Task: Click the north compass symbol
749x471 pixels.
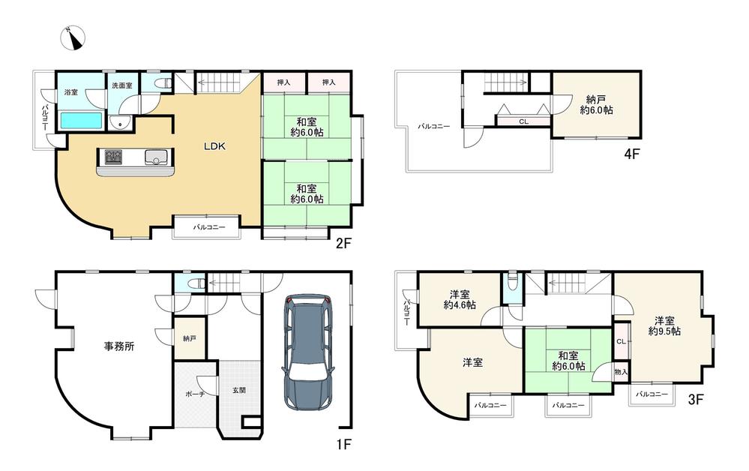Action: coord(73,38)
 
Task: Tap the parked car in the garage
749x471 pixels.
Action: coord(308,352)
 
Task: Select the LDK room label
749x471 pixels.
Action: coord(214,147)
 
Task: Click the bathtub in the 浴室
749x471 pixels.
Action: coord(82,121)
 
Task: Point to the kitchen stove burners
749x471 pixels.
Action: coord(114,157)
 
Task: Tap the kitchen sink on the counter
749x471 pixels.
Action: coord(155,157)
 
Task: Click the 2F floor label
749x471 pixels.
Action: coord(343,244)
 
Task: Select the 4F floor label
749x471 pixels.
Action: coord(631,154)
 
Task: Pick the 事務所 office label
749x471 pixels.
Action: coord(119,346)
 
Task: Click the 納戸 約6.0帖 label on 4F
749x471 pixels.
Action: coord(596,104)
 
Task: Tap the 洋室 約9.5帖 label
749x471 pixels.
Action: coord(664,325)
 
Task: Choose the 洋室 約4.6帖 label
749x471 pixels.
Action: coord(460,299)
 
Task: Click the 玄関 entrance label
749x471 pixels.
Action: coord(239,390)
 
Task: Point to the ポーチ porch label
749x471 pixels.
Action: coord(196,394)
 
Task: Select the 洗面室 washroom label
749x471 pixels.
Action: coord(122,86)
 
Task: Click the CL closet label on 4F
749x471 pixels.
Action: coord(523,121)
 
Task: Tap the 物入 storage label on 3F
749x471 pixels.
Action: coord(621,372)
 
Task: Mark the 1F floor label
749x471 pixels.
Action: coord(343,445)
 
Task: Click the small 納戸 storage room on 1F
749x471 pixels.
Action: coord(190,338)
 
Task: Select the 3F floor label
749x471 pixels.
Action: coord(696,399)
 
